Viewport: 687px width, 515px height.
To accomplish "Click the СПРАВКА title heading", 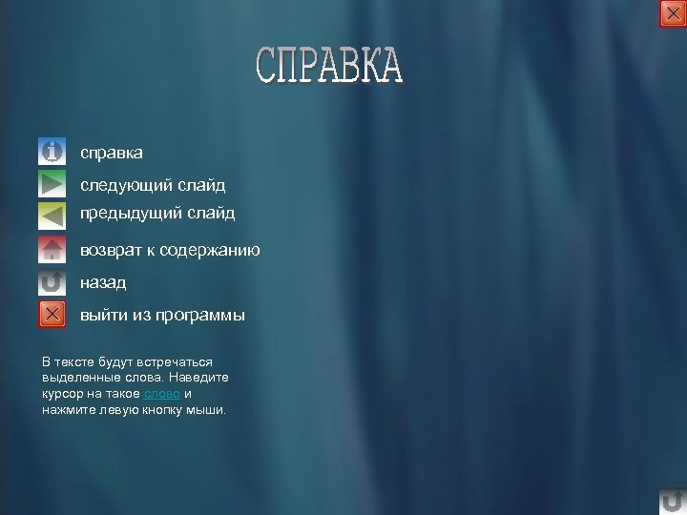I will point(329,66).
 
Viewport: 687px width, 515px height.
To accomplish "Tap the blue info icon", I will point(52,152).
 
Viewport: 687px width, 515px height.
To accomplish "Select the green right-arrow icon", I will point(52,183).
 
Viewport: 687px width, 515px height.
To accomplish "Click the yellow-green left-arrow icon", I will point(52,215).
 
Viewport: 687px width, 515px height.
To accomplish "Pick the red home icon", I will point(52,250).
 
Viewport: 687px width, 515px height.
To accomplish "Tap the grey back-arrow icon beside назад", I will point(52,282).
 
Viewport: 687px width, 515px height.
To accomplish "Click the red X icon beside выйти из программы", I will point(52,314).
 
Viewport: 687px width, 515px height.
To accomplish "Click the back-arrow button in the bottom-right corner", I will point(672,501).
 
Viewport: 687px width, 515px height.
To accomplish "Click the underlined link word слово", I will point(161,394).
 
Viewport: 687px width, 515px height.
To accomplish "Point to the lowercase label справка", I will point(112,153).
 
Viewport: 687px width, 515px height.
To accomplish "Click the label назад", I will point(102,283).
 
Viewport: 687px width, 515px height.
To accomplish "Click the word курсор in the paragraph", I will point(63,394).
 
